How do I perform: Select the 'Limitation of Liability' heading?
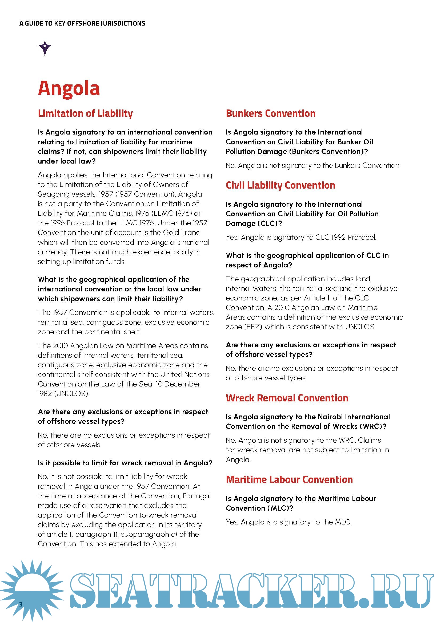(x=85, y=113)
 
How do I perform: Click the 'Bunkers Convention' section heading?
(x=270, y=113)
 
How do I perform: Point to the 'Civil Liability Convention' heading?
(x=280, y=185)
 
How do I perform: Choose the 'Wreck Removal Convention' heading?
(x=287, y=398)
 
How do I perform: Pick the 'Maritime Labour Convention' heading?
(x=289, y=479)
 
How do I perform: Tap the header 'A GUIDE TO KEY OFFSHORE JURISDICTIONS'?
(x=82, y=24)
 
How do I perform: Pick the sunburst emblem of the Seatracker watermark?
(x=32, y=589)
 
